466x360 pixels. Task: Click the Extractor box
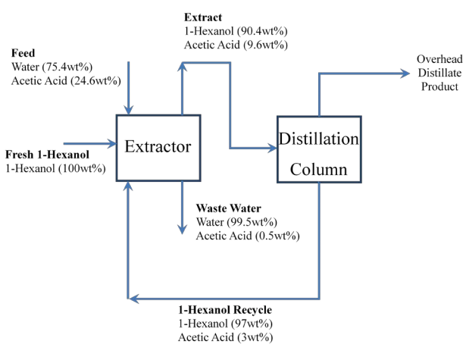158,147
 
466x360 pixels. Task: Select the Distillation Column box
317,149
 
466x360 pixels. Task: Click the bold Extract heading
202,17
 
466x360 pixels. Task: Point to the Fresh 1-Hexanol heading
47,155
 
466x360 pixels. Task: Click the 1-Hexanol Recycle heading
225,310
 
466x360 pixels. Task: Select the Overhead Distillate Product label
438,73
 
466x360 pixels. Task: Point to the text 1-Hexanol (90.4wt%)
236,31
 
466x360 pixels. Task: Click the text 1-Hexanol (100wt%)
55,168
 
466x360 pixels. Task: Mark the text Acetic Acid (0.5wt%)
247,236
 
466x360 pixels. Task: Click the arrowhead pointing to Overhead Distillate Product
408,74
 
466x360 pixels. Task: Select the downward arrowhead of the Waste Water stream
182,228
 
